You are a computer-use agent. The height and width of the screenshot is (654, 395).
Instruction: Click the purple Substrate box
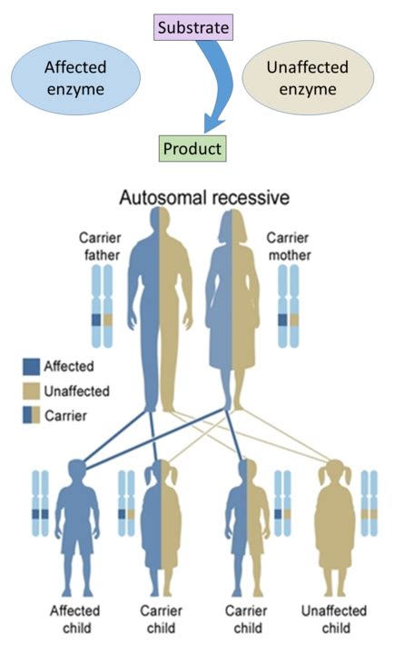click(x=193, y=29)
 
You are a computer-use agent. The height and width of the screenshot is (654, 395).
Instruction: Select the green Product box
click(x=192, y=147)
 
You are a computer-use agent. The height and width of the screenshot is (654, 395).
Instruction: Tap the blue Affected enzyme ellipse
click(x=75, y=79)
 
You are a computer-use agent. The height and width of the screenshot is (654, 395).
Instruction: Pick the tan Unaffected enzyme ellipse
click(x=302, y=79)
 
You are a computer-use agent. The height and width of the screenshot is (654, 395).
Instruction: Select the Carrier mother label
click(x=289, y=247)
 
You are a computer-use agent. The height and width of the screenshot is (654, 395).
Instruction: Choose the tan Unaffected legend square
click(x=32, y=392)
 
